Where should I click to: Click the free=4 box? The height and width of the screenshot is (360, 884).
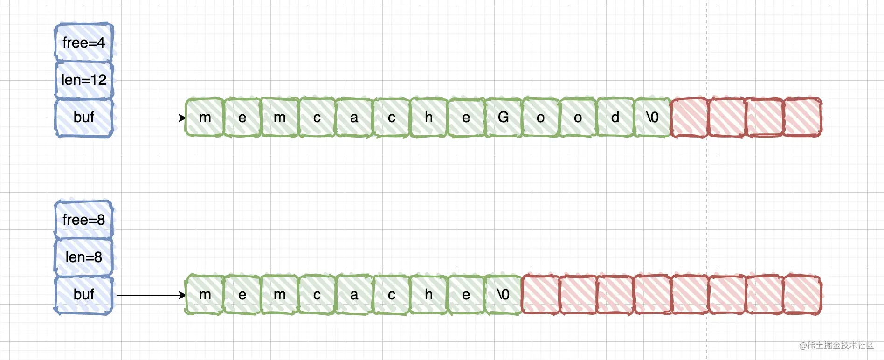coord(84,42)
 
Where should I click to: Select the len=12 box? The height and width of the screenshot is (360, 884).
coord(84,80)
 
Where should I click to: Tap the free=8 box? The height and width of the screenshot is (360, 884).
coord(84,220)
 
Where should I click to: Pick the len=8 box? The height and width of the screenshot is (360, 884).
coord(84,257)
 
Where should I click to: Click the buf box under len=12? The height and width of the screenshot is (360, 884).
coord(84,118)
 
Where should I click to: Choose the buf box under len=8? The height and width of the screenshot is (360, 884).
coord(84,295)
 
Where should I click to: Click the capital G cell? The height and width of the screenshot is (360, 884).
coord(504,118)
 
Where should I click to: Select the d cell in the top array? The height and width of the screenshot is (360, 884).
coord(615,118)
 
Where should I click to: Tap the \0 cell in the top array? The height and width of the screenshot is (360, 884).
coord(653,118)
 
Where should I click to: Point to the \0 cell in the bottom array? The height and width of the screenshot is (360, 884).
coord(504,295)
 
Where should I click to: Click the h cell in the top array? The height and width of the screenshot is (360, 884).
coord(429,118)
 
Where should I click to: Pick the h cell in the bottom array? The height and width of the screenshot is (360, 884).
coord(429,295)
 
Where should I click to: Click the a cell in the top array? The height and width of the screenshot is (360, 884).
coord(354,118)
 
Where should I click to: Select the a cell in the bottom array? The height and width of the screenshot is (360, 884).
coord(354,295)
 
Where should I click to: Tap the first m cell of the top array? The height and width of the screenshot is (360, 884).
coord(205,118)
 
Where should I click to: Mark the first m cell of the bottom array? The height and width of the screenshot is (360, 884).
coord(205,295)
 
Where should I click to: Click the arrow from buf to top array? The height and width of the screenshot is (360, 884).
coord(151,118)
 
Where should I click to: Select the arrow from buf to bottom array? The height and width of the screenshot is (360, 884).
coord(151,295)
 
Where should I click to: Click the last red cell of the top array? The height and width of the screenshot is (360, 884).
coord(802,118)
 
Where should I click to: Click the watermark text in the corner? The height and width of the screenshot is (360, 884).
coord(836,345)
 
